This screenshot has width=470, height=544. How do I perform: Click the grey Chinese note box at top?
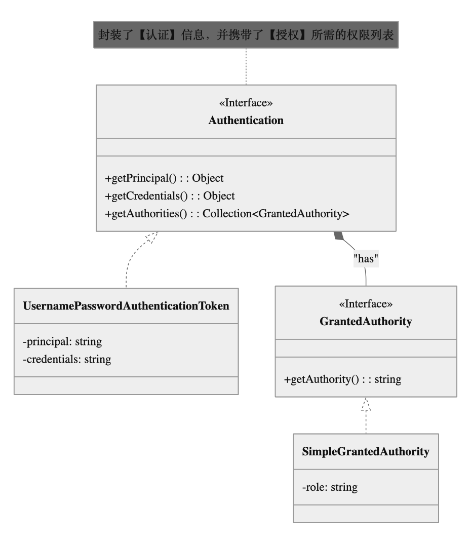246,34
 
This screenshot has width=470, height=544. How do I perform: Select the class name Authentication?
246,121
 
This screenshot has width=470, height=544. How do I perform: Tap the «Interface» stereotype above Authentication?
246,103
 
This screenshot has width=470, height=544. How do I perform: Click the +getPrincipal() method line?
164,178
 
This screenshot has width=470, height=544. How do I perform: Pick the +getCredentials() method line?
170,196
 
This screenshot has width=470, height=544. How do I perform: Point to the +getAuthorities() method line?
227,213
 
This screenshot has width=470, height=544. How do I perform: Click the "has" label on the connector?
366,258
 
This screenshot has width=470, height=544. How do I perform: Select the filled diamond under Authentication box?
339,236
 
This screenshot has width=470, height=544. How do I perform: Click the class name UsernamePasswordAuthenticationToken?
126,306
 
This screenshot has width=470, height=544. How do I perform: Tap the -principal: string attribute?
62,341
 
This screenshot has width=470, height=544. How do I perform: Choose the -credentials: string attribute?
67,359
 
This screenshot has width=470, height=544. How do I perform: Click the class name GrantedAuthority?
366,322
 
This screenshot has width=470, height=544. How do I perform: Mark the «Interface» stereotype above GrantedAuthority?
366,304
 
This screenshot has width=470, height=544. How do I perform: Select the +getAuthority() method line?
342,379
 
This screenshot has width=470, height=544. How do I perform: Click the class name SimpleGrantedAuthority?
366,451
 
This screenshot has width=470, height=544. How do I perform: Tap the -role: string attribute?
329,487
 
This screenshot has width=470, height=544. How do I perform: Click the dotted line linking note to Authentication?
246,66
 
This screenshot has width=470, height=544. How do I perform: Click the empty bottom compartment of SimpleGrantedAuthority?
366,514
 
